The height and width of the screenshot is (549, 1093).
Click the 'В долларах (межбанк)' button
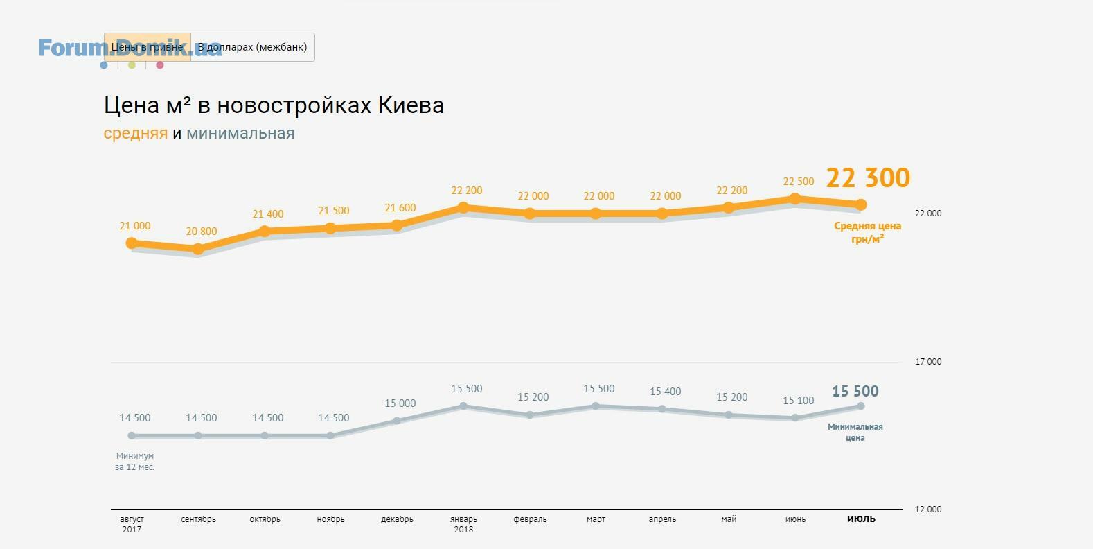click(x=252, y=47)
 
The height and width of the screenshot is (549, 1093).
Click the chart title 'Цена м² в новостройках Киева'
click(x=274, y=105)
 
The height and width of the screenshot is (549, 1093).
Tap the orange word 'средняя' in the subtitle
click(x=135, y=133)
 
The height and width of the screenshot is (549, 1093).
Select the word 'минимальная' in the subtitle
click(x=240, y=133)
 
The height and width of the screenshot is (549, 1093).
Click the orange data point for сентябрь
click(x=198, y=249)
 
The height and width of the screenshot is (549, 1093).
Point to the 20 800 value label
click(x=202, y=232)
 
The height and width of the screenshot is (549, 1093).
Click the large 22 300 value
click(x=868, y=178)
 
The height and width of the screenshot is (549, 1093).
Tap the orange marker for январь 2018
click(x=463, y=207)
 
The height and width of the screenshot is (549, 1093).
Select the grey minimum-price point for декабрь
click(x=397, y=421)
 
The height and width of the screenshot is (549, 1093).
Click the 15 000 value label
click(x=400, y=403)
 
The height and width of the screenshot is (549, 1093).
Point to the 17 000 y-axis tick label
click(x=928, y=362)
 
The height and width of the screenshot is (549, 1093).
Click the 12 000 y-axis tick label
click(x=928, y=509)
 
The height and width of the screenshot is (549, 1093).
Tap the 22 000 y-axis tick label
click(x=928, y=214)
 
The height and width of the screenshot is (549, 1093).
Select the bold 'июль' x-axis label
click(x=861, y=518)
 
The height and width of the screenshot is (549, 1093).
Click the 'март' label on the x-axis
click(x=596, y=519)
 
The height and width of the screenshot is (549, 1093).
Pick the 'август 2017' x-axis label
click(x=132, y=524)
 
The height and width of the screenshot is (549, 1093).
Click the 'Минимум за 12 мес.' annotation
click(x=135, y=462)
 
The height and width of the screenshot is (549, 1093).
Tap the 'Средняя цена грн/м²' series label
click(x=867, y=232)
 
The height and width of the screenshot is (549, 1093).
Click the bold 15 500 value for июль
click(x=855, y=392)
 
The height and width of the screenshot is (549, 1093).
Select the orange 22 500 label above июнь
click(x=799, y=182)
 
